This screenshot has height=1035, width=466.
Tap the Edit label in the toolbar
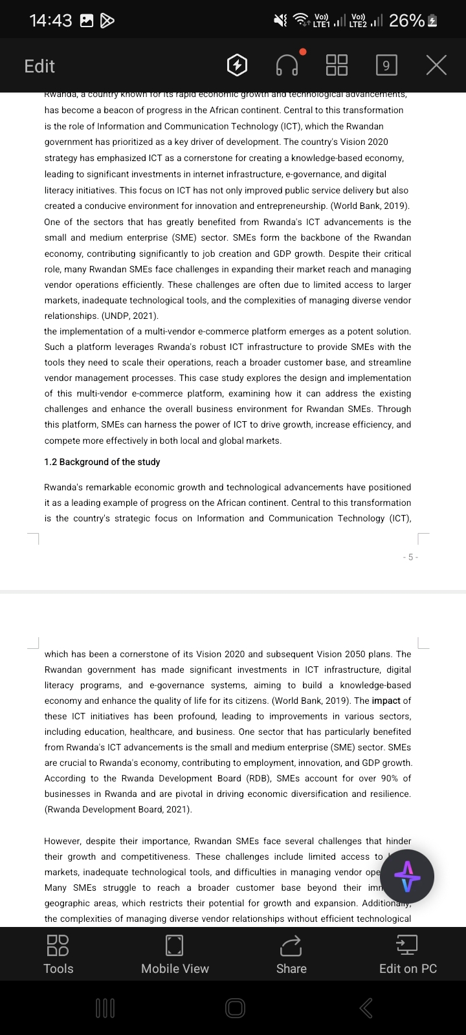(39, 66)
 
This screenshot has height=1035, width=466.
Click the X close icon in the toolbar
(437, 65)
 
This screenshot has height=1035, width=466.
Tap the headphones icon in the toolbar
(287, 65)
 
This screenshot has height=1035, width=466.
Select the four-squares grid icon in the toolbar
(337, 65)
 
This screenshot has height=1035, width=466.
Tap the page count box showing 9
(386, 65)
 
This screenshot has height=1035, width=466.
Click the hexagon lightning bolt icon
(238, 65)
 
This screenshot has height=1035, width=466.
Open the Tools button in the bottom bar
(58, 954)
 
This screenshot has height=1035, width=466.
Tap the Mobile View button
(175, 954)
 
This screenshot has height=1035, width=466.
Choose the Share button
(291, 954)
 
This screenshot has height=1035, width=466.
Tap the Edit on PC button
(408, 954)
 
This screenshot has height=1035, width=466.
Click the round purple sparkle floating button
(407, 877)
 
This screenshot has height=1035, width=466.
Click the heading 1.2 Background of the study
(102, 462)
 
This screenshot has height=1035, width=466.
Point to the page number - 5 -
(411, 557)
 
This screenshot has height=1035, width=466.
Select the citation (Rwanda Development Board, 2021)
(118, 809)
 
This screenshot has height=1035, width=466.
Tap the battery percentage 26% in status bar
(406, 21)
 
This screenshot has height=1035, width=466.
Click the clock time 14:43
(50, 21)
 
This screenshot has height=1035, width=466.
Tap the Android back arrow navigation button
(366, 1007)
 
